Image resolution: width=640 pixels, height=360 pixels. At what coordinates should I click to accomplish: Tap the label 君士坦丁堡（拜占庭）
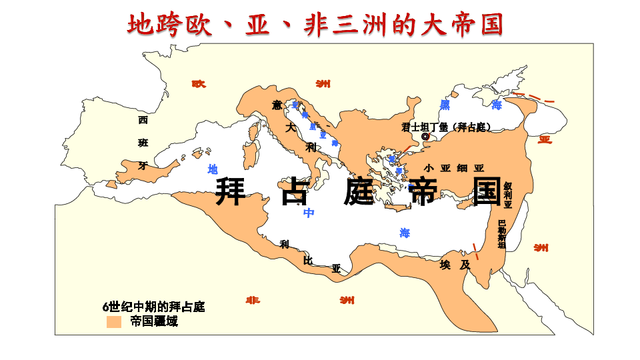[x=446, y=127]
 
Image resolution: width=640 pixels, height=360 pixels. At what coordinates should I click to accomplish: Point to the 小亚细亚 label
[x=454, y=168]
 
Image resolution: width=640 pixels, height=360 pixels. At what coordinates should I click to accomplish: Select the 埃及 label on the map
[x=455, y=265]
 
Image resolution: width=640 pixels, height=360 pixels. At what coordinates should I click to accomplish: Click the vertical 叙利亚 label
[x=508, y=195]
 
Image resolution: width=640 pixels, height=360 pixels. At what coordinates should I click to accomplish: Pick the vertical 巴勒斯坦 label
[x=502, y=234]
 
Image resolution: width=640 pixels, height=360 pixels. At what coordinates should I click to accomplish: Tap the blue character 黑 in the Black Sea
[x=445, y=105]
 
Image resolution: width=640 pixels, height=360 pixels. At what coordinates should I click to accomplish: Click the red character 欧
[x=199, y=84]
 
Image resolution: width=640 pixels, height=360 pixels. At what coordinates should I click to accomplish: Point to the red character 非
[x=253, y=300]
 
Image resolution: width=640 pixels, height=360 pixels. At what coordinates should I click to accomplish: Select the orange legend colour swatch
[x=114, y=322]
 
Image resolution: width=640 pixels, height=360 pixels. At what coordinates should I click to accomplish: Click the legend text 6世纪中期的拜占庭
[x=153, y=307]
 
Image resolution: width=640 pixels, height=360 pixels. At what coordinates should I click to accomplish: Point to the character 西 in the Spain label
[x=143, y=121]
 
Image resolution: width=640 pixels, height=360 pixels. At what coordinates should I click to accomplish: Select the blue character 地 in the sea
[x=213, y=169]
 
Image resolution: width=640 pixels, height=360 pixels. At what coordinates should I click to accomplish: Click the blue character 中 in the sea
[x=309, y=213]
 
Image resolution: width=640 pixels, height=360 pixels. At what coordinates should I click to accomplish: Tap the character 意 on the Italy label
[x=277, y=105]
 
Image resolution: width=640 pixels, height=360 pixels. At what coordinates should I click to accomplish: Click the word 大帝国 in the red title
[x=460, y=25]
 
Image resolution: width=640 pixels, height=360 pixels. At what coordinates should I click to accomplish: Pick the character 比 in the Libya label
[x=308, y=260]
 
